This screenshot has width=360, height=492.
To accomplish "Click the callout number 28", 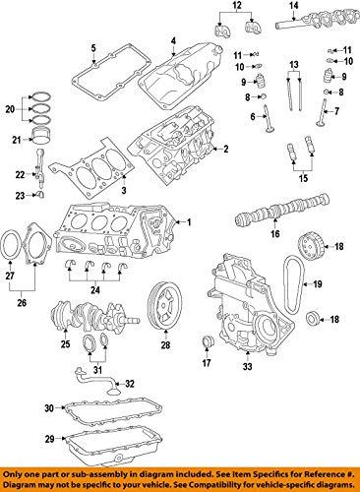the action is [x=165, y=344].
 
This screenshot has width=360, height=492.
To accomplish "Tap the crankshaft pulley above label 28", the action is [x=165, y=305].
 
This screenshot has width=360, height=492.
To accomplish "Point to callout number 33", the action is [x=248, y=366].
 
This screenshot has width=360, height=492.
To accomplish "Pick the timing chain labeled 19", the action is [x=294, y=284].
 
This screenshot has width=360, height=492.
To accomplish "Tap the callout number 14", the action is [x=294, y=6].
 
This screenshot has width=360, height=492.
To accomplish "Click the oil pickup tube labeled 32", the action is [x=97, y=380].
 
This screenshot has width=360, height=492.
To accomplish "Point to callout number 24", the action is [x=95, y=290].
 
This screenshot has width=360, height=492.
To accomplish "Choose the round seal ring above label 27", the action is [x=10, y=245].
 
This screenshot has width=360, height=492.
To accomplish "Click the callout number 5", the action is [x=93, y=48].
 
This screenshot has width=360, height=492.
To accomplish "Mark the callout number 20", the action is [x=10, y=109].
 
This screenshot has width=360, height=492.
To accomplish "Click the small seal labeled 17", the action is [x=207, y=341].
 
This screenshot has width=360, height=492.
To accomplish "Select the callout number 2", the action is [x=225, y=150].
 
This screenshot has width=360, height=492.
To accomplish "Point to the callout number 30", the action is [x=49, y=408].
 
